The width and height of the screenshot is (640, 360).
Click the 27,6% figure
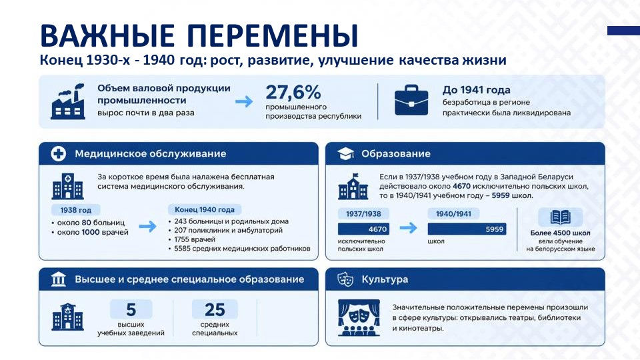293,92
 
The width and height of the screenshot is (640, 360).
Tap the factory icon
68,101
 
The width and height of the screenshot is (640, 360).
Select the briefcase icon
411,100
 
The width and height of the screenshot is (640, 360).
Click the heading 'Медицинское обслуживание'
150,153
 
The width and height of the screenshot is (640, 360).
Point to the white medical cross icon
59,153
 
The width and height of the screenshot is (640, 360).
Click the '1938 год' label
75,210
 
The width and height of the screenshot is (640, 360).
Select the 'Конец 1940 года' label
205,209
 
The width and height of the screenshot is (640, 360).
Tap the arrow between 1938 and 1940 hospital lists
147,226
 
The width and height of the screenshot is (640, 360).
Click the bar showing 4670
363,229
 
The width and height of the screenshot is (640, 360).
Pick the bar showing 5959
467,229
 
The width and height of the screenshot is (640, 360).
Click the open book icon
561,217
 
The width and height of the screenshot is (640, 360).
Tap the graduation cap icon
345,153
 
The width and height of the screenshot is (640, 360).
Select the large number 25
215,310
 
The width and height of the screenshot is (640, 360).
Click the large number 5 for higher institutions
131,310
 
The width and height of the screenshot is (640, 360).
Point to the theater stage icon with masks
359,317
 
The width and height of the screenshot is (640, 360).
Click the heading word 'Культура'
385,279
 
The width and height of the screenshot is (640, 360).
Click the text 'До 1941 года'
476,90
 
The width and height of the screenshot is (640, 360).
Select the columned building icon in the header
59,279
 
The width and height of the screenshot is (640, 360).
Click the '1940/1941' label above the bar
453,213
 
